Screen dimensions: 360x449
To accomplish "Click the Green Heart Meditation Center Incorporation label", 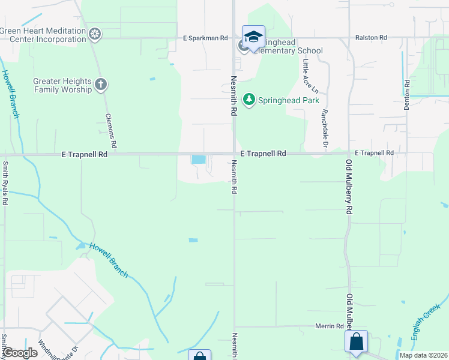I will [43, 35].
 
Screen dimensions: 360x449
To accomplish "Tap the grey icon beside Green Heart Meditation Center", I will [94, 35].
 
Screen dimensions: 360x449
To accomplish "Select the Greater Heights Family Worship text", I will [62, 85].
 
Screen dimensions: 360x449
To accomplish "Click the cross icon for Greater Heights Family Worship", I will [101, 85].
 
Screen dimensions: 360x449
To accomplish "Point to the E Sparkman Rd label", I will [205, 38].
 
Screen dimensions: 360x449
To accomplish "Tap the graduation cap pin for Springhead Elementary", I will [253, 37].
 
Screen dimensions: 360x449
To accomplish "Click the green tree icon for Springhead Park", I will [249, 100].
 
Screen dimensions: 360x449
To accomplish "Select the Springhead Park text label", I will [288, 100].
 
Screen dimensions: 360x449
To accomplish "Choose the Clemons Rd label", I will [110, 131].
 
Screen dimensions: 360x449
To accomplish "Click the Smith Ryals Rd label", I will [5, 183].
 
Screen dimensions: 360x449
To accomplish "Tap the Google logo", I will [20, 353].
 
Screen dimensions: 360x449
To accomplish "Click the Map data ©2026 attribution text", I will [423, 355].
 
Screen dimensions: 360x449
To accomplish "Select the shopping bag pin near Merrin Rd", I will [356, 341].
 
